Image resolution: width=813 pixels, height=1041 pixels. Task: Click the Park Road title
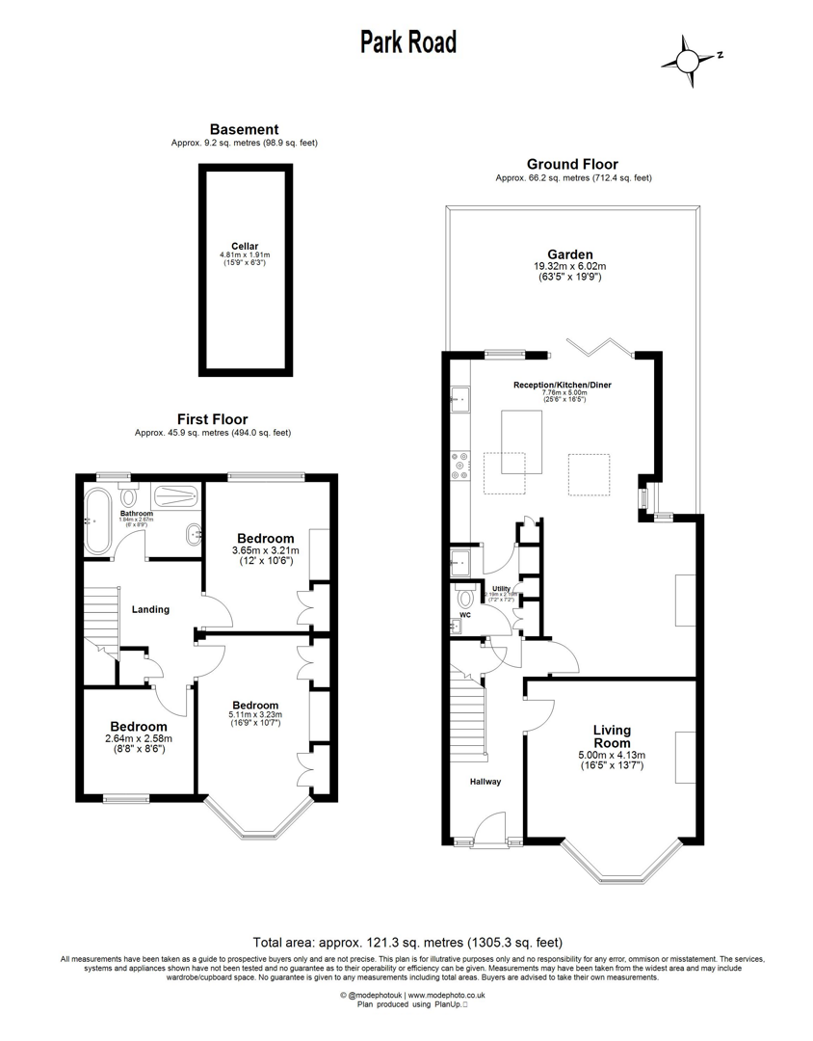[408, 41]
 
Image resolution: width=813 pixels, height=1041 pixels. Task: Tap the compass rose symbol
[688, 59]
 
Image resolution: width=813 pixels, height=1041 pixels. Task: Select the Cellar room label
[244, 247]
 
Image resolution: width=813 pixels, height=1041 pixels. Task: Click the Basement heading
[244, 129]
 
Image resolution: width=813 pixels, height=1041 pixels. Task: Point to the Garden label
[571, 254]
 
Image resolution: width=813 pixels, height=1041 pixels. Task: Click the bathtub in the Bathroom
[98, 521]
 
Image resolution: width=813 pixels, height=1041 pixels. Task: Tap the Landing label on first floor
[150, 609]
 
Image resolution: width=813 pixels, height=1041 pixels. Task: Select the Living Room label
[612, 736]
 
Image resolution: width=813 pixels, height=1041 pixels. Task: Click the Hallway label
[485, 782]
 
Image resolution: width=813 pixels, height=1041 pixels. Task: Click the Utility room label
[501, 588]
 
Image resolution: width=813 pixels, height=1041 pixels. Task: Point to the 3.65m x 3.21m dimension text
[266, 550]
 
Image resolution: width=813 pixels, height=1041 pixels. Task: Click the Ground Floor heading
[571, 165]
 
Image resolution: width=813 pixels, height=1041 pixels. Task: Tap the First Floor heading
[212, 419]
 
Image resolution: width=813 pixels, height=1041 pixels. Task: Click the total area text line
[406, 942]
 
